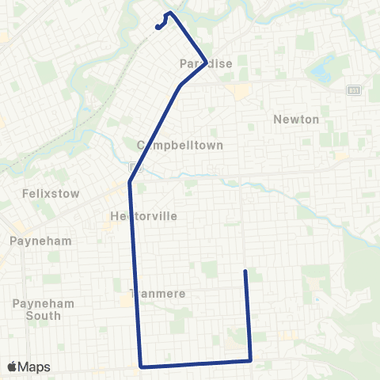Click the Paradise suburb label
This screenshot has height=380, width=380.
[207, 64]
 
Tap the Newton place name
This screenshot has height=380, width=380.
[295, 120]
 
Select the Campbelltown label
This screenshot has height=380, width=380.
[180, 146]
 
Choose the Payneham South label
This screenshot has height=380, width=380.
[36, 310]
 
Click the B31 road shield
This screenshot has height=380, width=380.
[353, 90]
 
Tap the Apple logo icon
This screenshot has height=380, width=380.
[13, 367]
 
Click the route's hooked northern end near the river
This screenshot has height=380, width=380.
[158, 26]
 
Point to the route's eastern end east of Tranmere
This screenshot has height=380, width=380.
[245, 272]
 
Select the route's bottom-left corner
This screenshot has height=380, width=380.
[141, 367]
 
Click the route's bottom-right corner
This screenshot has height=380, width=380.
[250, 361]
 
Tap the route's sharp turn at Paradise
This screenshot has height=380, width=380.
[206, 62]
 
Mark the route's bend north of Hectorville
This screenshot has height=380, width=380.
[129, 183]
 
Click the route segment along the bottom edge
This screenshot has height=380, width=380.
[196, 364]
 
